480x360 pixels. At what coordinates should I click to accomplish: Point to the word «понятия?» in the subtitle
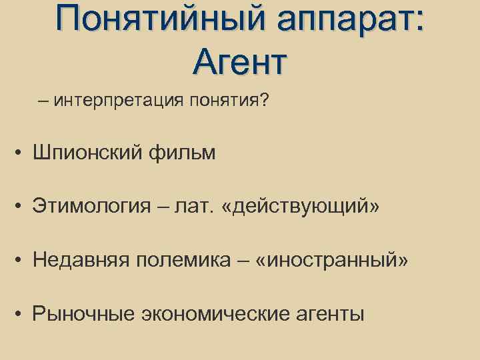click(229, 101)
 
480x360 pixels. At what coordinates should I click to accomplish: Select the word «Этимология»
click(93, 207)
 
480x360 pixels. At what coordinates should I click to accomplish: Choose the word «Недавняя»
click(84, 260)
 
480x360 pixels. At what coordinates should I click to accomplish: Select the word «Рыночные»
click(83, 313)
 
